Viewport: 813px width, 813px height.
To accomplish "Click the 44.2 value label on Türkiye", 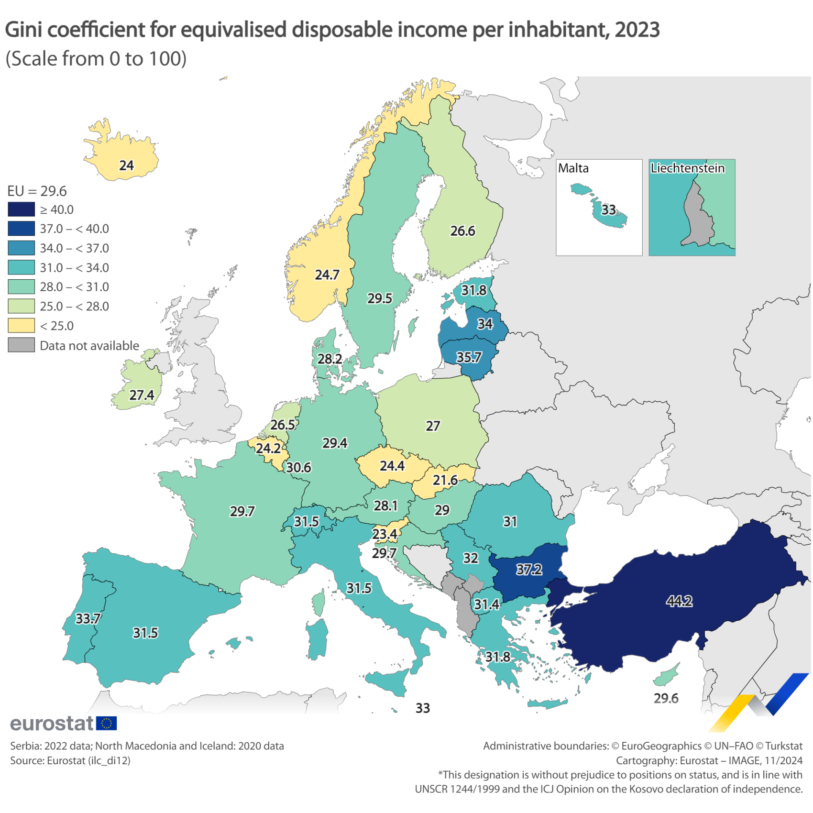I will (x=679, y=601).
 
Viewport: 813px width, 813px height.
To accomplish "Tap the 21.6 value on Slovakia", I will (x=445, y=480).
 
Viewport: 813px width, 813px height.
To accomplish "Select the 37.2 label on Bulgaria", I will (x=529, y=569).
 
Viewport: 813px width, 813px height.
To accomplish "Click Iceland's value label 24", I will (x=126, y=165).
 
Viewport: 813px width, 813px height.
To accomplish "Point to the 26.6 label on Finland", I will (x=462, y=231).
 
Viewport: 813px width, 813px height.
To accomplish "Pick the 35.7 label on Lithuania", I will (x=469, y=357).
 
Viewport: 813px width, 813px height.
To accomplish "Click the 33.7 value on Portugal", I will (x=88, y=618).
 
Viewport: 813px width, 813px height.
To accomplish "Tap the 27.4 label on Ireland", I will (x=142, y=395).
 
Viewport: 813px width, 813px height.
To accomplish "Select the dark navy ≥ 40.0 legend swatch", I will (x=21, y=209).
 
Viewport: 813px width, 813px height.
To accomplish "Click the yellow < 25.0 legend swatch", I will (x=21, y=326).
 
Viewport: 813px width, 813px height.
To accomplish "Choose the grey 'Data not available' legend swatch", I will (x=21, y=345).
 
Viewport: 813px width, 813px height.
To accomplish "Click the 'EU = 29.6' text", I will (x=37, y=191).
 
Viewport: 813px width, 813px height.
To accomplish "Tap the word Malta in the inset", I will (x=573, y=168).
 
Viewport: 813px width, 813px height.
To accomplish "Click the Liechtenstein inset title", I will (x=687, y=168).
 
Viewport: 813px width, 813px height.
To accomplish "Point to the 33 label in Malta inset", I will (x=608, y=209).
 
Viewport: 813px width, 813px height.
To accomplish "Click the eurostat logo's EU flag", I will (x=106, y=723).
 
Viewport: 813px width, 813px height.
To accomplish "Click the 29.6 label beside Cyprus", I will (x=666, y=698).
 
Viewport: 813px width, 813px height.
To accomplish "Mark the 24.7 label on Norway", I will (x=327, y=275).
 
